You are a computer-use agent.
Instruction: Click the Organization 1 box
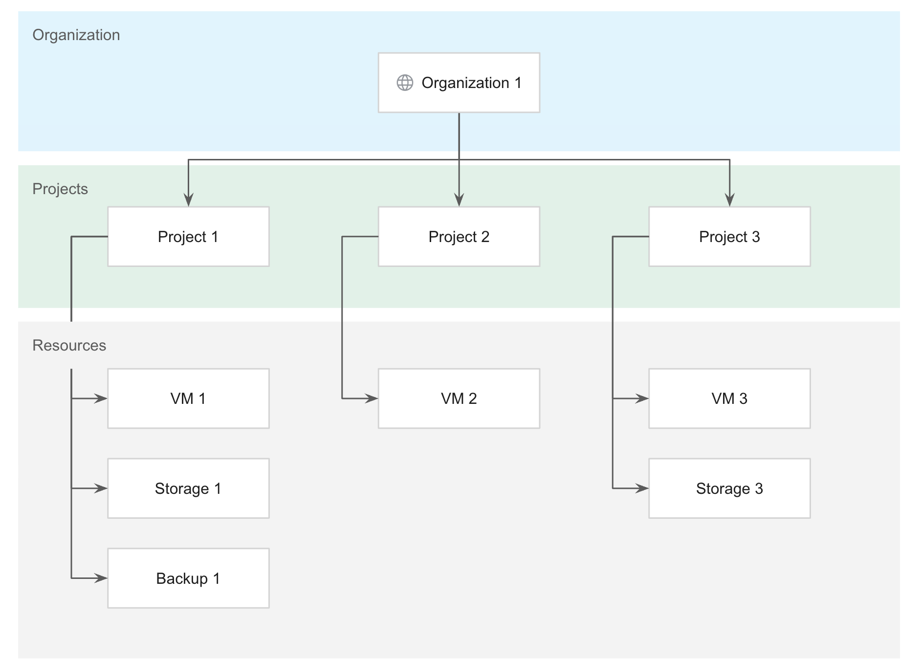point(459,83)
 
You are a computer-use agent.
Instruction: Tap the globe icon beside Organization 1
point(405,83)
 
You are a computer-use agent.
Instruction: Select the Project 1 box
point(188,237)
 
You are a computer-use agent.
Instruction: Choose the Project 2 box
point(459,237)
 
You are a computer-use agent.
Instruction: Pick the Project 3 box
point(729,237)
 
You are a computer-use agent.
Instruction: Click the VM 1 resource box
point(188,398)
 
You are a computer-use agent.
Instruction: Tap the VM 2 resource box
point(459,398)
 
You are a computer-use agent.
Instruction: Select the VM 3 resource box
point(729,398)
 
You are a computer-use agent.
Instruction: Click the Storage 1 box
point(188,488)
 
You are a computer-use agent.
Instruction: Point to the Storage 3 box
point(729,488)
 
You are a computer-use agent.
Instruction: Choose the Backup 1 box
point(188,578)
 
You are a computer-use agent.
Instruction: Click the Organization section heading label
point(76,35)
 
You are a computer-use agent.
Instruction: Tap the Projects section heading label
point(60,189)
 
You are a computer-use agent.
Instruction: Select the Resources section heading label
point(69,346)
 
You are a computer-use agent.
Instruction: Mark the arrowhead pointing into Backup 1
point(101,578)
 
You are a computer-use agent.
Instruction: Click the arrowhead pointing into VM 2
point(372,398)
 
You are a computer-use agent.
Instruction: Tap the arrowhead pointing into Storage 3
point(642,488)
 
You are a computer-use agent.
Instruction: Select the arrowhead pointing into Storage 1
point(101,488)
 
